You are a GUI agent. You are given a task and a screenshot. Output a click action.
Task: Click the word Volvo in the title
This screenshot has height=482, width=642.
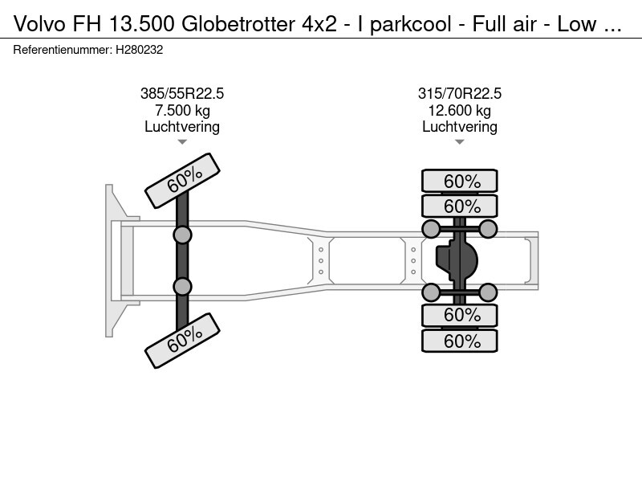39,24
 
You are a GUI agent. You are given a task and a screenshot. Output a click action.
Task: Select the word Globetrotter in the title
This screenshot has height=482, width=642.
238,24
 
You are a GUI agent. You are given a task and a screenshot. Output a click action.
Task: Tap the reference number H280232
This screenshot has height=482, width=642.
139,50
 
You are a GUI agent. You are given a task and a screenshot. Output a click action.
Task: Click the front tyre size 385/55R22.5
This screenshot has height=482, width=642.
182,93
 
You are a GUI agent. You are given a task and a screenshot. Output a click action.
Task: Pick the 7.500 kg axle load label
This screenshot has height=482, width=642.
182,110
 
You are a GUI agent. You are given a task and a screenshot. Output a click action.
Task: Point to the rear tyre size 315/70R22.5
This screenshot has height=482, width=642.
459,93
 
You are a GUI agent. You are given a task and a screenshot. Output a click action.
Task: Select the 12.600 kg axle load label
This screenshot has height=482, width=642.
459,110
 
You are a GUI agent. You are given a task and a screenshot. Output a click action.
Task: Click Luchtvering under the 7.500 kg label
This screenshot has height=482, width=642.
182,127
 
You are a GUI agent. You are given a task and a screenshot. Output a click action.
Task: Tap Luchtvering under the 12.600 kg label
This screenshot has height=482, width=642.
459,127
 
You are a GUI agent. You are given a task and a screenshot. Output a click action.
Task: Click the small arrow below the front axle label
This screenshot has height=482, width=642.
182,142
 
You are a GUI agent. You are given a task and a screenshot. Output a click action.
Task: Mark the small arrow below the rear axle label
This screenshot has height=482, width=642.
459,142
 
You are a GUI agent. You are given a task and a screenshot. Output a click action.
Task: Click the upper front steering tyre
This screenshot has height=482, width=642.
183,181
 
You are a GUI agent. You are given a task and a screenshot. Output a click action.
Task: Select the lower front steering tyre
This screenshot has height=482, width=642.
183,341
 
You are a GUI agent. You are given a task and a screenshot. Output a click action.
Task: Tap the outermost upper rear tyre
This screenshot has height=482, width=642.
459,181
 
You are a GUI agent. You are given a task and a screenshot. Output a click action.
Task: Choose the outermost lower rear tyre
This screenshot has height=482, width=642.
459,341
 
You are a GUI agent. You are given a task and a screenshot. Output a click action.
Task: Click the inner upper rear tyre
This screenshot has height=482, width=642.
459,206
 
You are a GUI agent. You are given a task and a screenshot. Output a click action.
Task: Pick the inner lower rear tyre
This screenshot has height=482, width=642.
459,315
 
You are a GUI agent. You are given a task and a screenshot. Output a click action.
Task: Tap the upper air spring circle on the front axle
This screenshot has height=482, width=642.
182,235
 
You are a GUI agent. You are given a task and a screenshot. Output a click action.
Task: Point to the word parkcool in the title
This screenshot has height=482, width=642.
411,25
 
